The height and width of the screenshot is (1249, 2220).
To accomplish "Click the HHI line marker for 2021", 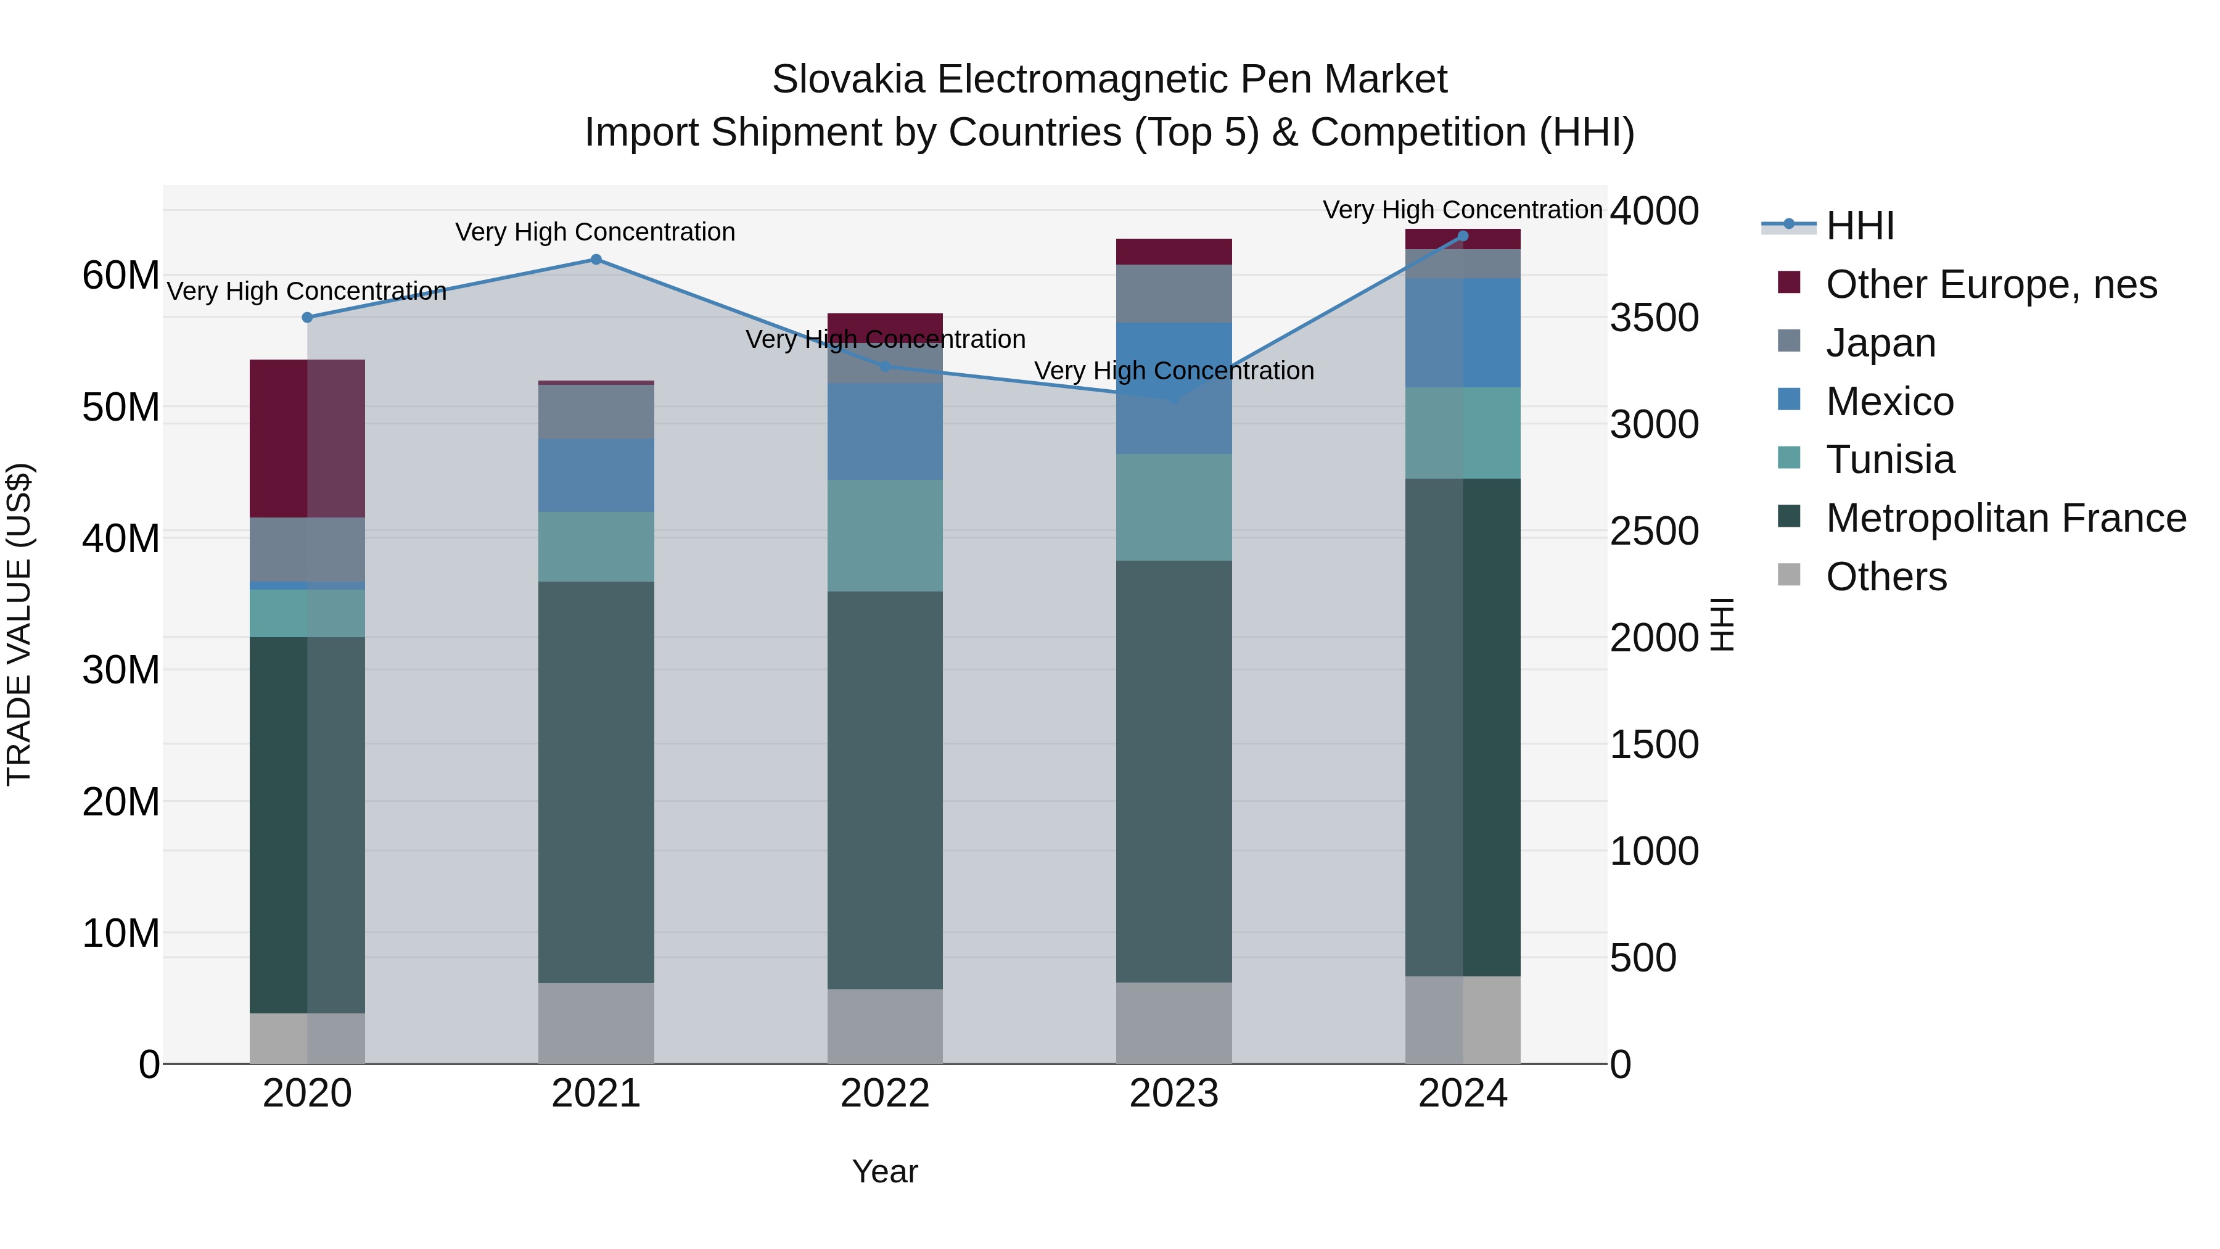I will coord(596,260).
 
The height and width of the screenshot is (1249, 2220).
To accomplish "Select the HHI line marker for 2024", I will coord(1463,236).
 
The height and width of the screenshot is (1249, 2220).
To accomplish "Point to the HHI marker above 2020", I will coord(308,317).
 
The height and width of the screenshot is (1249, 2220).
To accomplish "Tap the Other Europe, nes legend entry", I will coord(1991,284).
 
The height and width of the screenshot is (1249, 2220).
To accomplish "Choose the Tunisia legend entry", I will coord(1890,460).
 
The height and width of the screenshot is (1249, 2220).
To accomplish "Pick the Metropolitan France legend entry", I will coord(2005,518).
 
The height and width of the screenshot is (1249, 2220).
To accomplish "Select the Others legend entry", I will coord(1886,577).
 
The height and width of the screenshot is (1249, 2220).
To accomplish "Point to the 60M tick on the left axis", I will coord(121,276).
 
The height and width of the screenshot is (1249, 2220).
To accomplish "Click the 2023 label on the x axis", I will coord(1174,1094).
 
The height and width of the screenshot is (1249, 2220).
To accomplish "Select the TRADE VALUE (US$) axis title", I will coord(20,625).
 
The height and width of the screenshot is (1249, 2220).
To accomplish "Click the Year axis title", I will coord(885,1171).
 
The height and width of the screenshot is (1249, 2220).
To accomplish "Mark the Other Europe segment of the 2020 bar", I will coord(308,438).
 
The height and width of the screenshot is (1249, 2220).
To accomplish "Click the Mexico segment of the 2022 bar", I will coord(885,431).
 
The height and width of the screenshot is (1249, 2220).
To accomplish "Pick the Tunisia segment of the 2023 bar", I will coord(1174,507).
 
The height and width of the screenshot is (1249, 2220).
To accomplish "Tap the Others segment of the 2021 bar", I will coord(596,1023).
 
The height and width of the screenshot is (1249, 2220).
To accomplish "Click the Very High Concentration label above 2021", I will coord(596,232).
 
